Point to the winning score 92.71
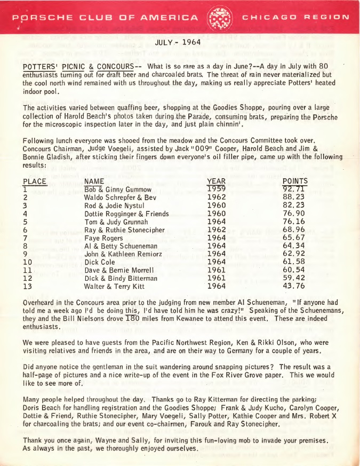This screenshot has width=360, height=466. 294,189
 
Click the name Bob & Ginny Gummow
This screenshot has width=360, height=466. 110,189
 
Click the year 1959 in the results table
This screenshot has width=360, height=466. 216,189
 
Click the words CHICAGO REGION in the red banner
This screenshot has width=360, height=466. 297,17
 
